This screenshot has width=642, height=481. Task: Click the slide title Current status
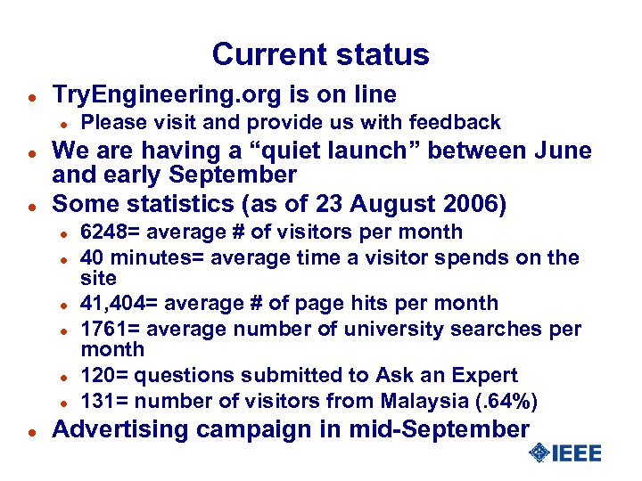click(x=320, y=54)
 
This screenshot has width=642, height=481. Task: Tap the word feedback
click(x=454, y=122)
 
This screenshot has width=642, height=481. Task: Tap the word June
click(x=564, y=151)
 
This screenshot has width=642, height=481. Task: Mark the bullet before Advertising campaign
click(x=30, y=431)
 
